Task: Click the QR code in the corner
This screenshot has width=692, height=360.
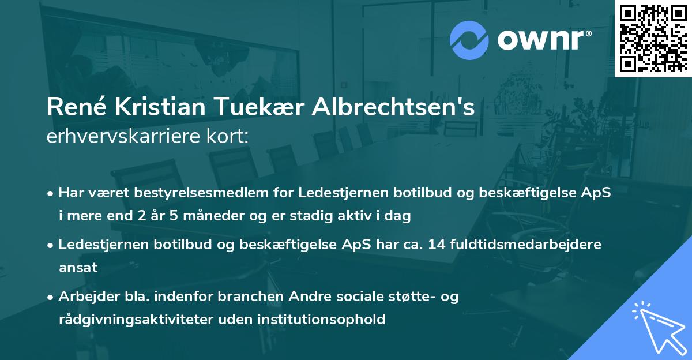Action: pyautogui.click(x=653, y=38)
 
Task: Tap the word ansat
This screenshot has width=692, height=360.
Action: pyautogui.click(x=78, y=268)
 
